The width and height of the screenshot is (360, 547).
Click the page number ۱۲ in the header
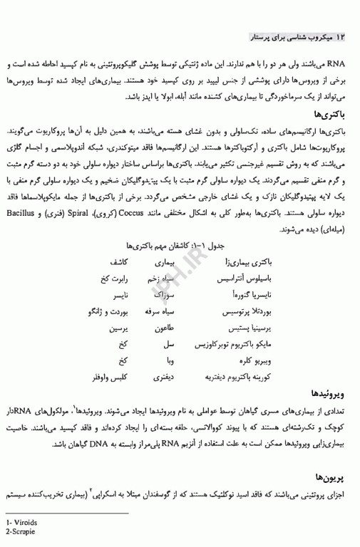340,36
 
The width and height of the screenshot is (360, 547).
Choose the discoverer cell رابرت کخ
113,278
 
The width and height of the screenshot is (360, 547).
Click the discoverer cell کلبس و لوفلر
110,375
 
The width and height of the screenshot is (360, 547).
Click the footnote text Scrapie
23,531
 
